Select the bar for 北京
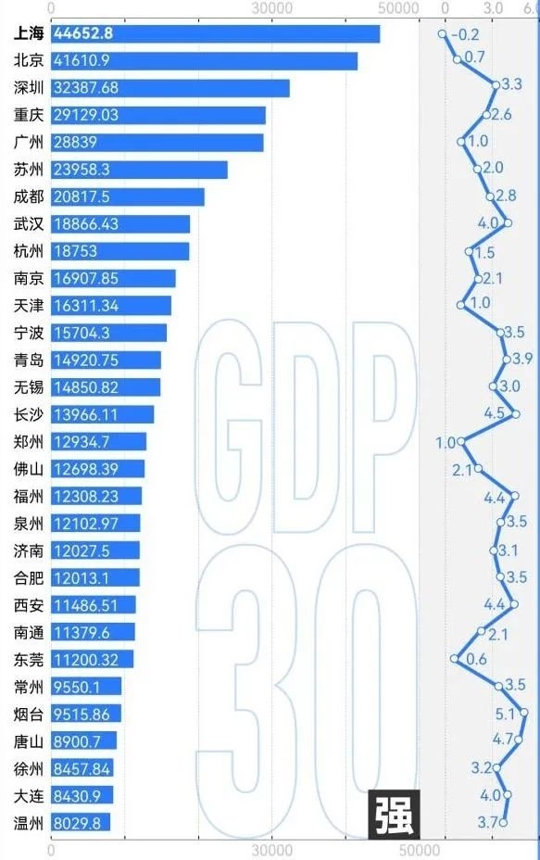(204, 61)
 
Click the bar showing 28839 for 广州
(157, 143)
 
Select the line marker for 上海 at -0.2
(443, 33)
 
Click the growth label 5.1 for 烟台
(505, 714)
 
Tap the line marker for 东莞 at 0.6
(455, 659)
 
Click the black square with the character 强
(394, 814)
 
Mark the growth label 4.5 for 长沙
(494, 413)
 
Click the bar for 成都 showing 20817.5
(128, 196)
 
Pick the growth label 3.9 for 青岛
(523, 360)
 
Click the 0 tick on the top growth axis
(446, 8)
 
